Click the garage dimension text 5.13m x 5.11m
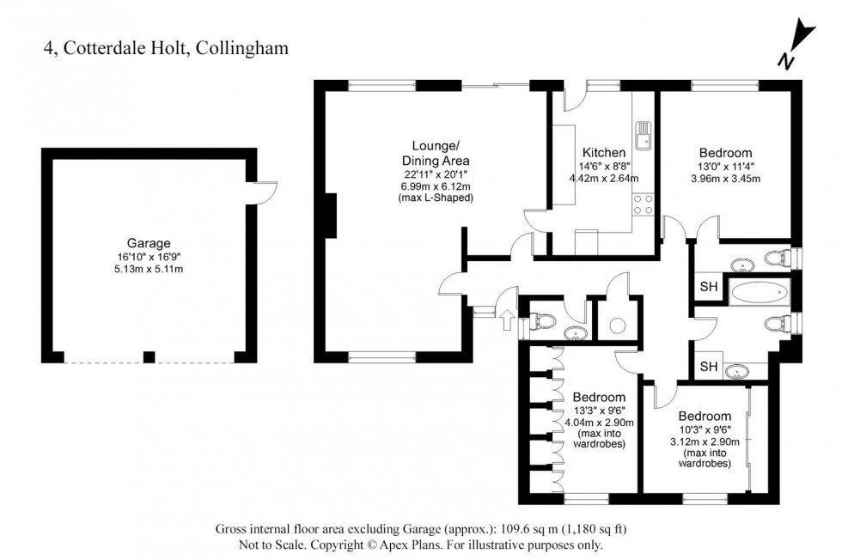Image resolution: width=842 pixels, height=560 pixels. pos(151,269)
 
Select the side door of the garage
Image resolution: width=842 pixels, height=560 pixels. pos(262,194)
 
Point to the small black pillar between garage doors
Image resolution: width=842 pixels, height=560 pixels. pos(149,356)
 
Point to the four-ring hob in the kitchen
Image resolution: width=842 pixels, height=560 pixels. pos(642,204)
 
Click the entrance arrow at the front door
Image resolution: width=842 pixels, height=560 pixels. pos(506,322)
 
